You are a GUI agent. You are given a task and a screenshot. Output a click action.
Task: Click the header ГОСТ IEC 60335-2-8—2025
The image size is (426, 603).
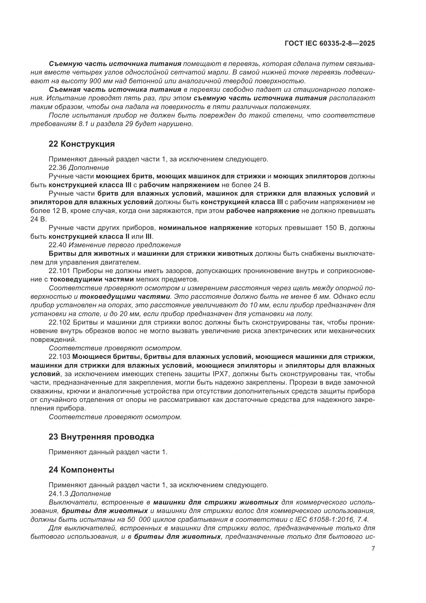(329, 43)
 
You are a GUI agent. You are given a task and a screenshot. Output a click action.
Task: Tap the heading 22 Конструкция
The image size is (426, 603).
(82, 144)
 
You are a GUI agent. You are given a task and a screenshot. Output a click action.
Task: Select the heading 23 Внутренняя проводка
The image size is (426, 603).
(101, 437)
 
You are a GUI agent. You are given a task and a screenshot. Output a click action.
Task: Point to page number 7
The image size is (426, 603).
(373, 548)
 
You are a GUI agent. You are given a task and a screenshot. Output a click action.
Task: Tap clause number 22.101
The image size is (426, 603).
(59, 271)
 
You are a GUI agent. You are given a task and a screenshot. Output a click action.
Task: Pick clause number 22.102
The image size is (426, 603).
(59, 323)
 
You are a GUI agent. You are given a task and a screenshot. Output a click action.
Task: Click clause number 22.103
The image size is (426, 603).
(59, 357)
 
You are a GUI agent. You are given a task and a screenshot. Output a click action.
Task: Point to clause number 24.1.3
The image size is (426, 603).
(58, 493)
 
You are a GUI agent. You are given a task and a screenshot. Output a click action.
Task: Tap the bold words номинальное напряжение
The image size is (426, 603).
(205, 228)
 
